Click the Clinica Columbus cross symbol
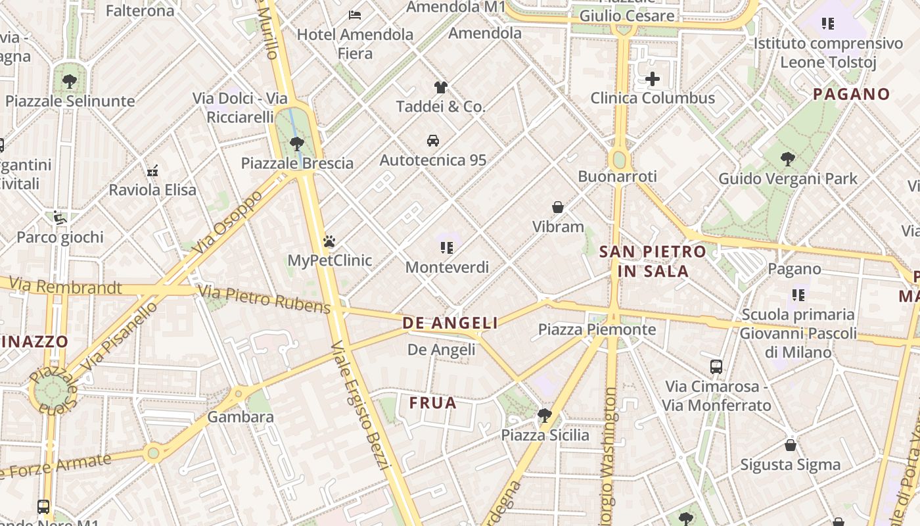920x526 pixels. point(652,80)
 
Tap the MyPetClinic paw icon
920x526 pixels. point(329,241)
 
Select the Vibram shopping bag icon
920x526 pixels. point(558,207)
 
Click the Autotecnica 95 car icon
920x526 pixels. point(433,140)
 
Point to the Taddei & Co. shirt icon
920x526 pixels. point(440,87)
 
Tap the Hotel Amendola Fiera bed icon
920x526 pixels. point(355,14)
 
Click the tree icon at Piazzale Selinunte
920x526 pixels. point(69,82)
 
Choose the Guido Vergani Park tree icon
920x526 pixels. point(787,158)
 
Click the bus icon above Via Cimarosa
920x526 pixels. point(716,366)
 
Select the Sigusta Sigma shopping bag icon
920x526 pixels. point(791,445)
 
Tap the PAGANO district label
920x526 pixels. point(851,94)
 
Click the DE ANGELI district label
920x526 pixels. point(450,323)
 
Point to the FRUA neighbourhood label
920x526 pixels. point(432,403)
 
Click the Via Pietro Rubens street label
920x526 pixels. point(264,299)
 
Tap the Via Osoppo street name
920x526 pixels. point(223,222)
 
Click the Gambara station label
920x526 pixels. point(241,417)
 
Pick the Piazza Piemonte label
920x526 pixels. point(597,329)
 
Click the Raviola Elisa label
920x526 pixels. point(152,190)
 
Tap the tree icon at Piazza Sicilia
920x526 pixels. point(544,415)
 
